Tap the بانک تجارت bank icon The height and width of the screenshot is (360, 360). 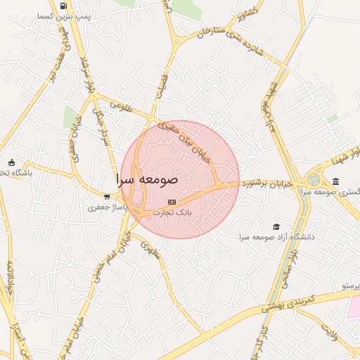coord(172,202)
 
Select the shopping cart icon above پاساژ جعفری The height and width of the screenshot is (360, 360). coord(106,198)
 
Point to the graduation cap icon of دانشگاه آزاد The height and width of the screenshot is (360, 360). coord(276,226)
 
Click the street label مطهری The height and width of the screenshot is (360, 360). coord(151,249)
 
